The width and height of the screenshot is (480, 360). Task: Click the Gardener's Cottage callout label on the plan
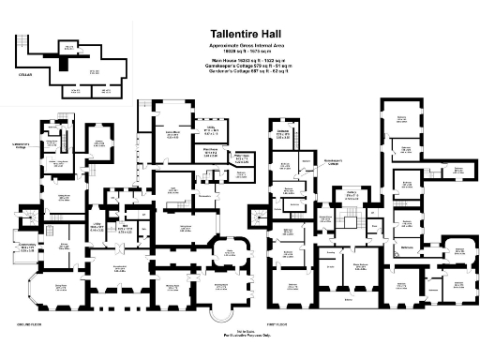27,144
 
